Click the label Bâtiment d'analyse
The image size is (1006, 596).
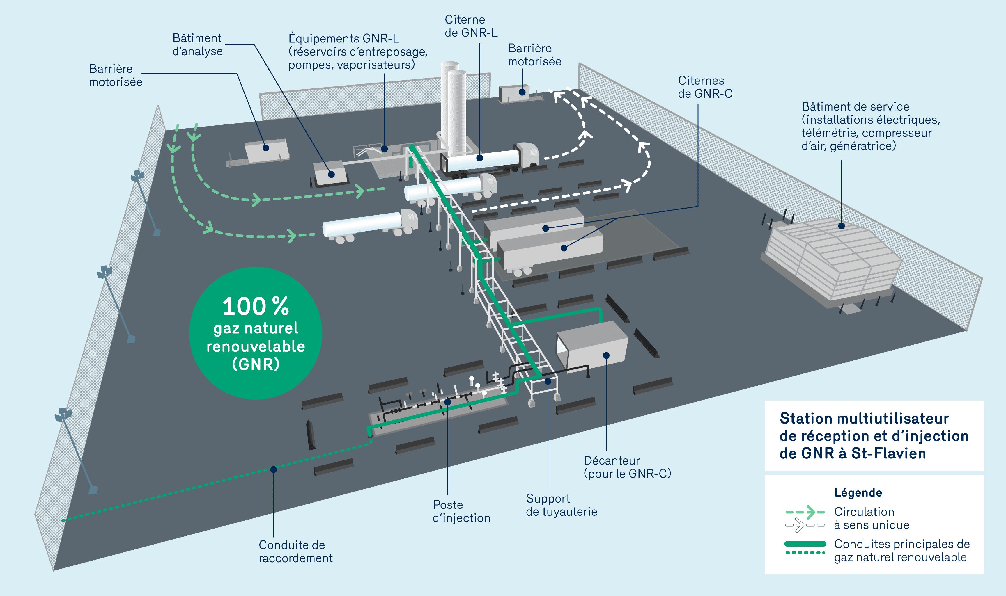pos(197,45)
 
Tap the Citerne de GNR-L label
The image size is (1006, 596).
pos(471,26)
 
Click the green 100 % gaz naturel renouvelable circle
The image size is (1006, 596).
pos(256,333)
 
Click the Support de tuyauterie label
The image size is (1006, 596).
pos(561,505)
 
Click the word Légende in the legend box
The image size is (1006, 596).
pos(858,492)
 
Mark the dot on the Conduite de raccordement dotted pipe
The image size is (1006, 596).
pos(274,469)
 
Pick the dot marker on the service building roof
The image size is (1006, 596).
pos(842,226)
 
